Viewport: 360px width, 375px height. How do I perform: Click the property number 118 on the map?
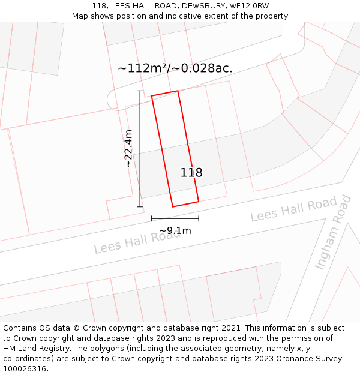point(191,173)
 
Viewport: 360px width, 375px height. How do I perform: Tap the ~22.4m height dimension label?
point(128,148)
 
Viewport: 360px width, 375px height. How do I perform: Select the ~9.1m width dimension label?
point(175,230)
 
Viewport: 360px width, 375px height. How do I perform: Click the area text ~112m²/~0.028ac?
point(175,68)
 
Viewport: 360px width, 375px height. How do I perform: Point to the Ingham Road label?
point(333,232)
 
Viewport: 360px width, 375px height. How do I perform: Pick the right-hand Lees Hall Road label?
point(293,209)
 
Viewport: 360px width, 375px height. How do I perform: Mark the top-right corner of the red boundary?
point(178,91)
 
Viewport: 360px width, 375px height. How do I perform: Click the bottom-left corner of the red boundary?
point(173,207)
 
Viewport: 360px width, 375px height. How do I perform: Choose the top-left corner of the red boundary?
point(151,96)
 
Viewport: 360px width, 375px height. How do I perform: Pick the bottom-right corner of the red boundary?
point(199,202)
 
